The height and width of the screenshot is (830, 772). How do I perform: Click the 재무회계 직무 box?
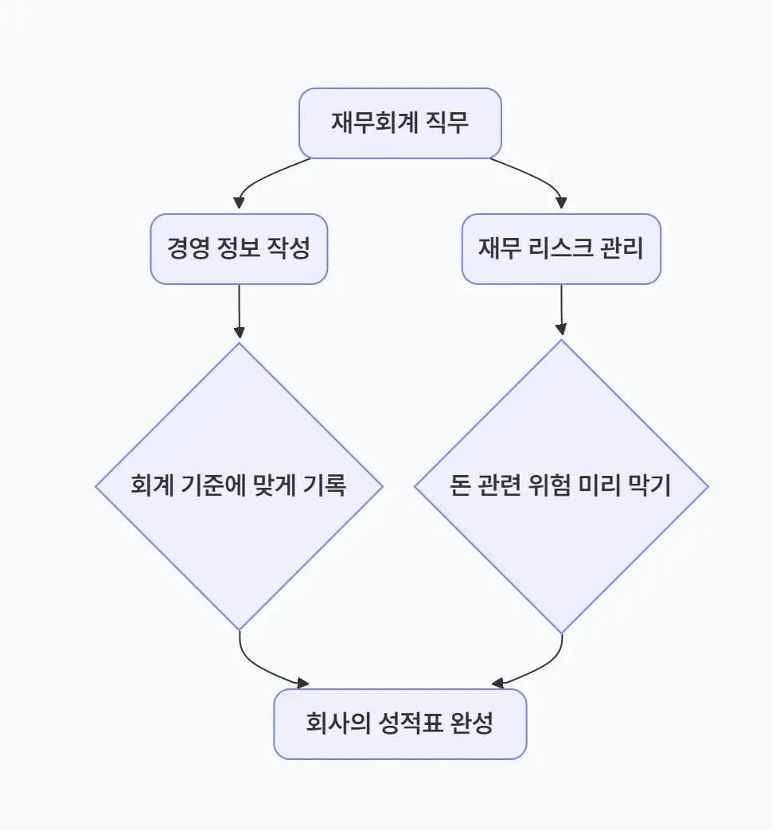(400, 123)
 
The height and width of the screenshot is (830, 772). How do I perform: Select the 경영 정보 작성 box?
(239, 249)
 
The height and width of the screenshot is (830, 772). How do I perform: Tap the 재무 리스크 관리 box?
(561, 249)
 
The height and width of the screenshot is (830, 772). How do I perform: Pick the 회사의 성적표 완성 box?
(400, 724)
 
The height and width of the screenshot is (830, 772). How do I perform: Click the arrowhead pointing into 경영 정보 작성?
(239, 204)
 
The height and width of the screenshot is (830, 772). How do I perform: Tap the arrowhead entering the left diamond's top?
(240, 333)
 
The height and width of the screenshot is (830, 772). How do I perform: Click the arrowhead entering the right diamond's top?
(562, 330)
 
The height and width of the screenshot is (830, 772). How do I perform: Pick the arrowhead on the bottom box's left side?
(302, 683)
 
